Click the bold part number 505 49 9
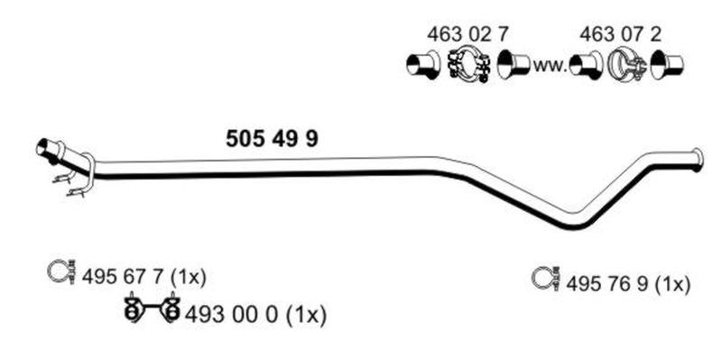coord(272,139)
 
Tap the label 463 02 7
coord(468,34)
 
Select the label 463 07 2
coord(620,34)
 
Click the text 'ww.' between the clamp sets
coord(551,66)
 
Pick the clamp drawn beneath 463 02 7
coord(468,64)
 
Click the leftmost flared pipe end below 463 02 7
coord(422,65)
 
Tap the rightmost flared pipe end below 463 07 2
coord(667,64)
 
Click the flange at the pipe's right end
coord(699,160)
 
